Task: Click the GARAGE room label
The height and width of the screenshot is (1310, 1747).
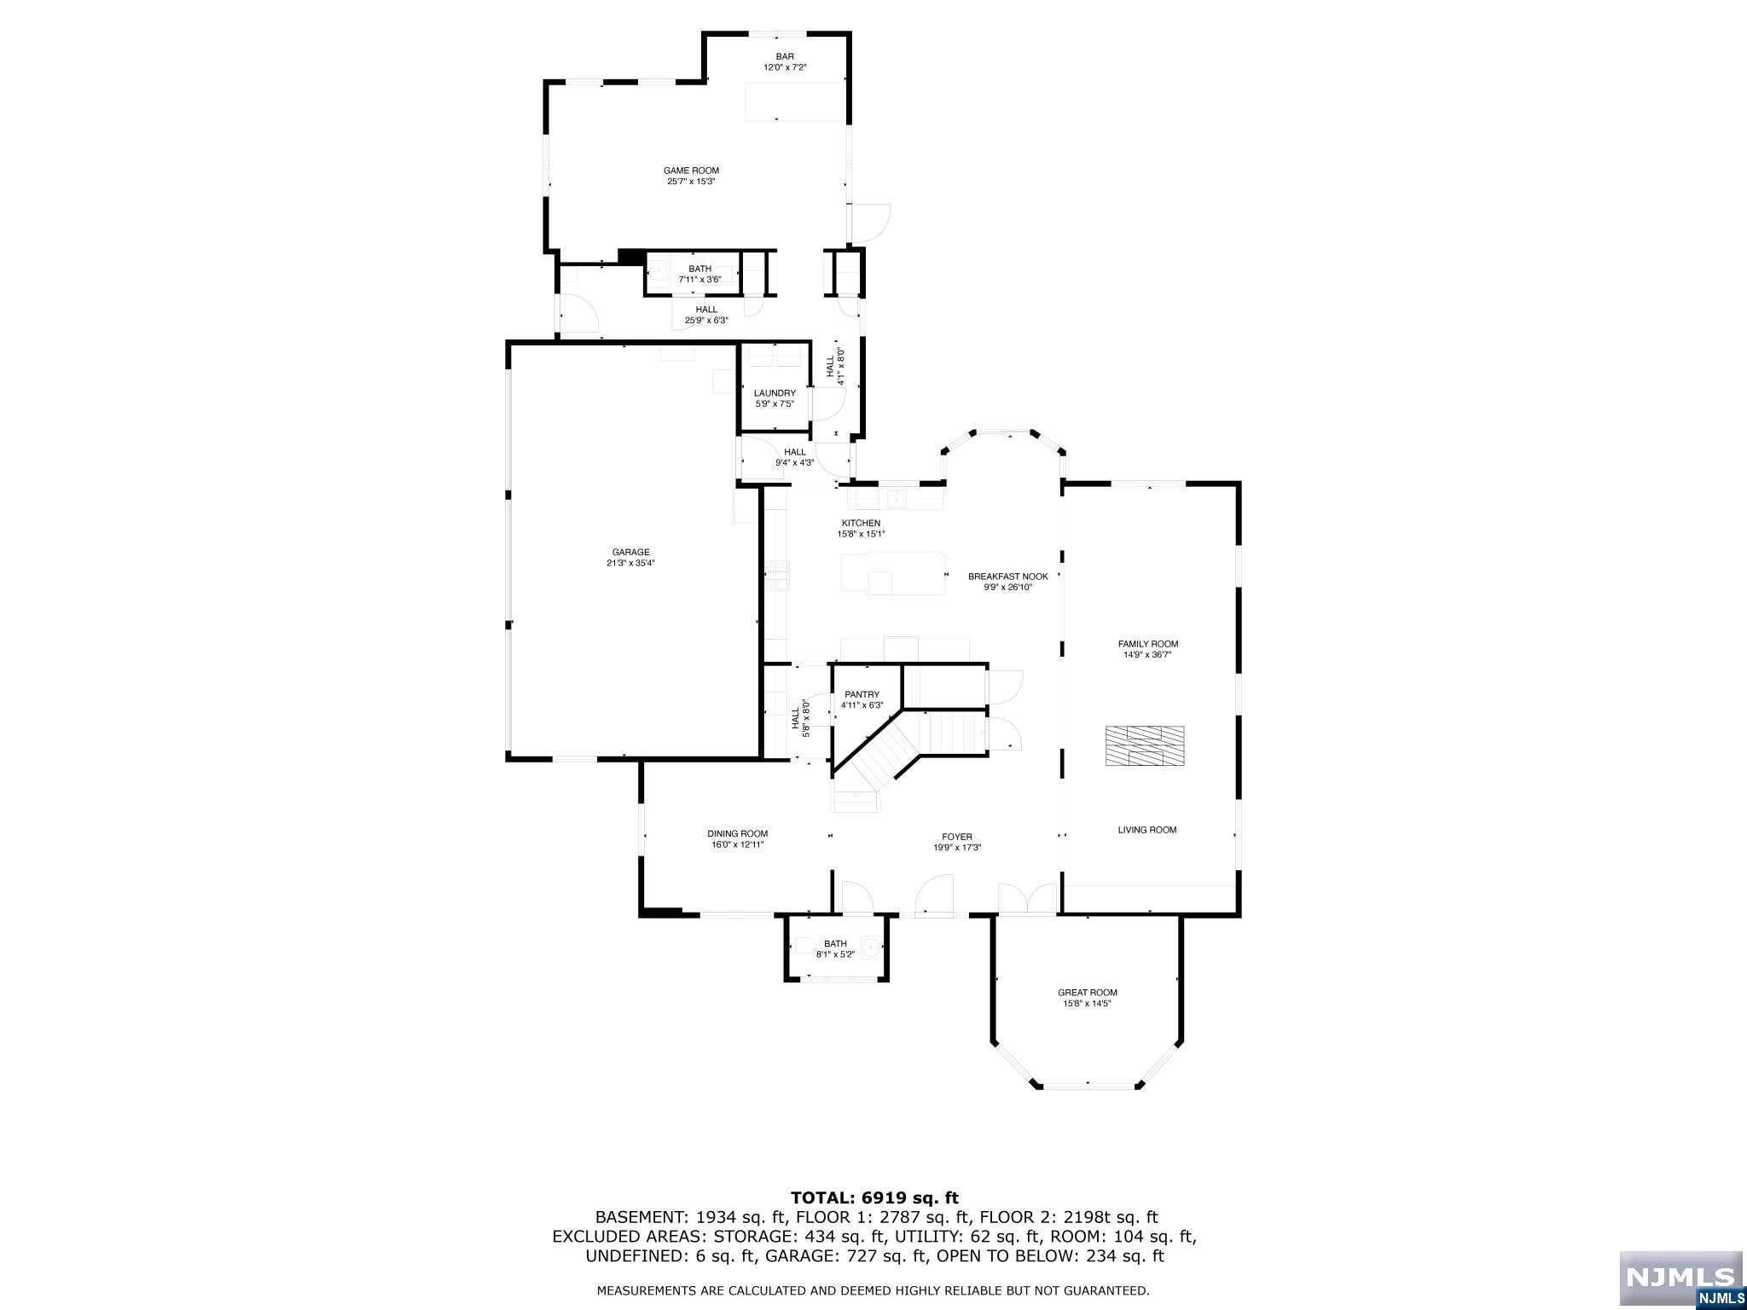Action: pyautogui.click(x=630, y=552)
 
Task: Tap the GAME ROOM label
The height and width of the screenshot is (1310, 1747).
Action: pyautogui.click(x=691, y=171)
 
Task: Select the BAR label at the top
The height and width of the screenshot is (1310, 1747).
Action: pyautogui.click(x=785, y=56)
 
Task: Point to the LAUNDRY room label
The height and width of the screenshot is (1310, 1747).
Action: pyautogui.click(x=775, y=393)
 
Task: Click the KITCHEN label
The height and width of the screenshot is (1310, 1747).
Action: pyautogui.click(x=861, y=523)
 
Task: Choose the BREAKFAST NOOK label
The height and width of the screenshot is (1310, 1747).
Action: pyautogui.click(x=1007, y=577)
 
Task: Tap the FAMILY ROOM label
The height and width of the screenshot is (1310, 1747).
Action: pyautogui.click(x=1148, y=644)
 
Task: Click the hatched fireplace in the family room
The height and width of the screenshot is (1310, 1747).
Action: pyautogui.click(x=1145, y=745)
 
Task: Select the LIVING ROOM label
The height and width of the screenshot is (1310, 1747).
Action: pyautogui.click(x=1147, y=830)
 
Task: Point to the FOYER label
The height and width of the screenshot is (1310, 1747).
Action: pyautogui.click(x=957, y=837)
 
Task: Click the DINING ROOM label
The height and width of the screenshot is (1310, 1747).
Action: pyautogui.click(x=737, y=833)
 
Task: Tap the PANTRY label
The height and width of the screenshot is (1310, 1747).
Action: pyautogui.click(x=862, y=694)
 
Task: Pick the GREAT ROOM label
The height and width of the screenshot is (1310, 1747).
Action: pyautogui.click(x=1087, y=992)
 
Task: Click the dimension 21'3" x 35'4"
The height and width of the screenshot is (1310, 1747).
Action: pyautogui.click(x=630, y=563)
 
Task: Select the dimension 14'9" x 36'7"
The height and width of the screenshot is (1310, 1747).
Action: pyautogui.click(x=1148, y=655)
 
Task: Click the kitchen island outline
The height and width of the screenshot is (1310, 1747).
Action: pyautogui.click(x=893, y=572)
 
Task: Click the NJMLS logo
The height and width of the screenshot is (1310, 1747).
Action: pyautogui.click(x=1680, y=1278)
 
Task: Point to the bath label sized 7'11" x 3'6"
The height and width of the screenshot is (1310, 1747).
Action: pyautogui.click(x=699, y=274)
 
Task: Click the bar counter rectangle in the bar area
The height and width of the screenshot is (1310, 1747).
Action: pyautogui.click(x=794, y=101)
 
